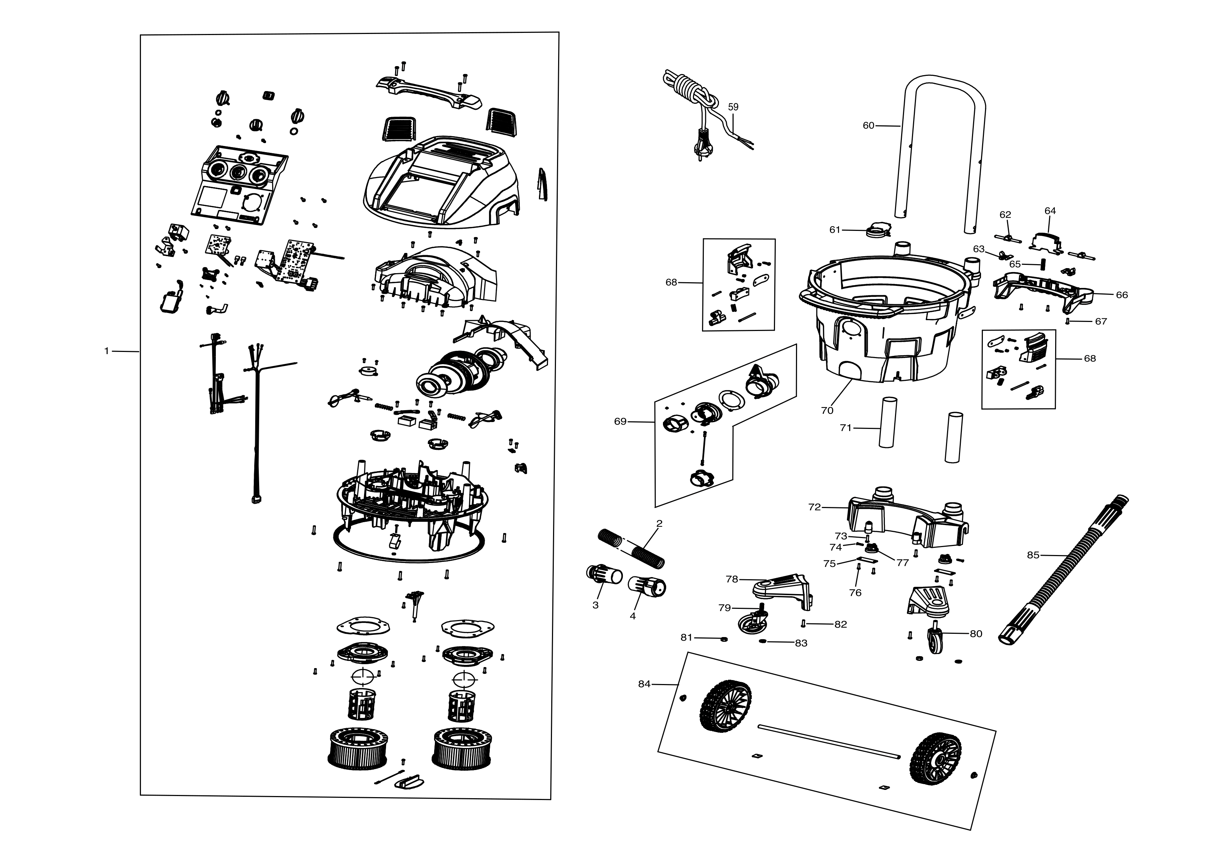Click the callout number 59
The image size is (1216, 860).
coord(733,107)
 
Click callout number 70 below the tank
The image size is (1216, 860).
coord(827,410)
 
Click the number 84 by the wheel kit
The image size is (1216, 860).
coord(644,684)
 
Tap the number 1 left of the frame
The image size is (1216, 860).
coord(106,351)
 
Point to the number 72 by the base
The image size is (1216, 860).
coord(814,507)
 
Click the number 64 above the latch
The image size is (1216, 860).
coord(1050,211)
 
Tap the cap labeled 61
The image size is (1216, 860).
coord(877,231)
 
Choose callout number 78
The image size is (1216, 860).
coord(732,579)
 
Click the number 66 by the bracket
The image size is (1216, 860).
coord(1122,295)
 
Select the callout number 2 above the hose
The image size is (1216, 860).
coord(659,524)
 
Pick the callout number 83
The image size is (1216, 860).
coord(801,644)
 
